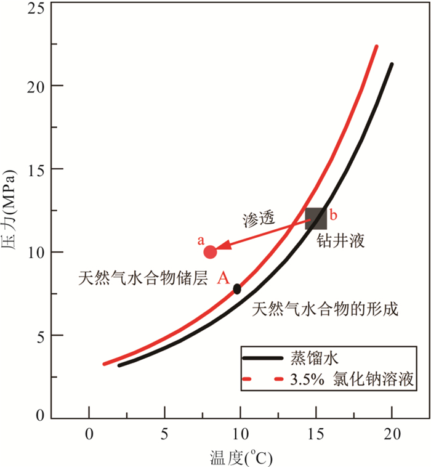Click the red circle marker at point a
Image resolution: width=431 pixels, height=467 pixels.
click(210, 252)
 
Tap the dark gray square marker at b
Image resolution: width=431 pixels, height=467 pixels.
click(316, 219)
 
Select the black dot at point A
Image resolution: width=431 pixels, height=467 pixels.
click(237, 288)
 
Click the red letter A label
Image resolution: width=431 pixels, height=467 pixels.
click(223, 278)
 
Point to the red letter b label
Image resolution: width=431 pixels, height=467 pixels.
click(334, 215)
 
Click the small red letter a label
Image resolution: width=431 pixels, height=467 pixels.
click(200, 238)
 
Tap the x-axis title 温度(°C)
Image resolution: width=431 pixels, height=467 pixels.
click(241, 457)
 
